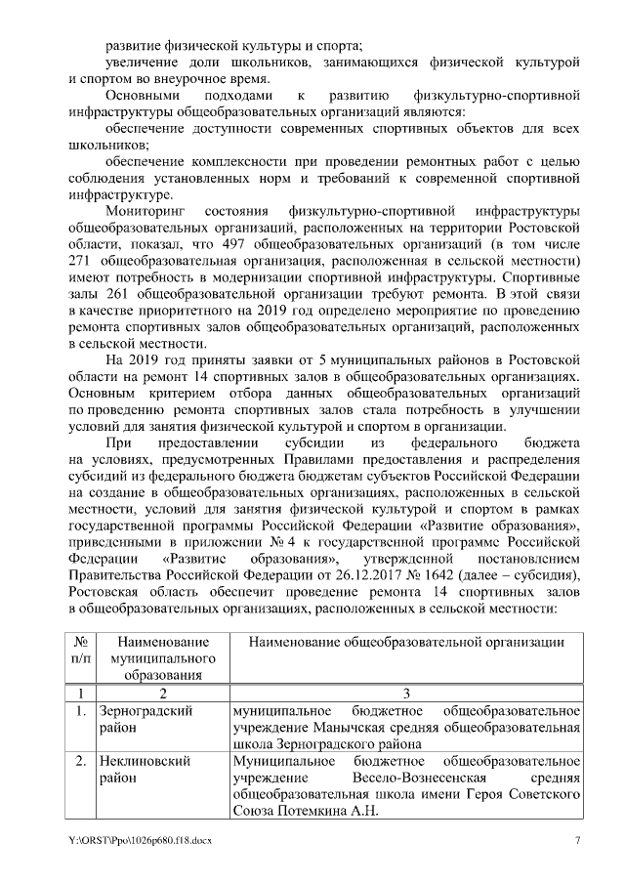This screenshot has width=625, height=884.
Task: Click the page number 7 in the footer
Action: [577, 840]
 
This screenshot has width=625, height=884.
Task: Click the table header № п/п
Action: [82, 649]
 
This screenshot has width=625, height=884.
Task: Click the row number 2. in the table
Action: [82, 759]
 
